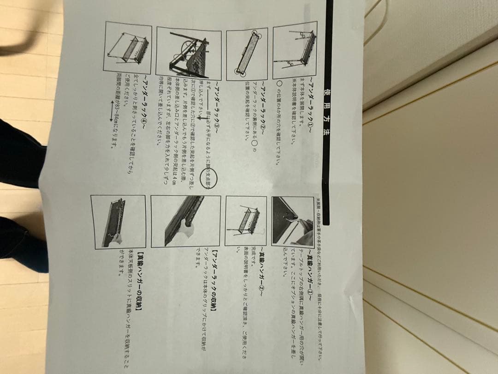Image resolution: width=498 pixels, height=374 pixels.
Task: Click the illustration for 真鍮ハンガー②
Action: point(245,221)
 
